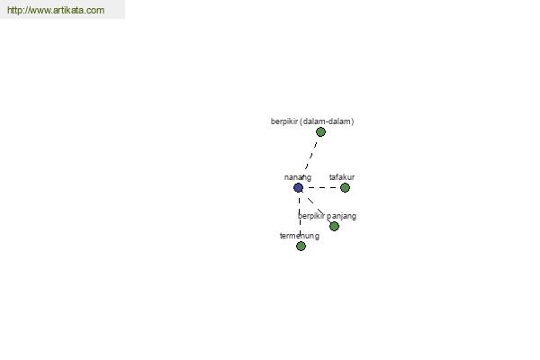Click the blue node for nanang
(x=298, y=188)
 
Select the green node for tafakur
(x=345, y=188)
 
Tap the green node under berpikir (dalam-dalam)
(x=320, y=132)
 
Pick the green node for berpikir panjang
(x=334, y=226)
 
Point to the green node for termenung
(x=301, y=246)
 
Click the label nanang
(x=298, y=177)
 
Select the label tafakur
(x=342, y=177)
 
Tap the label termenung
(x=300, y=236)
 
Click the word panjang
(x=341, y=216)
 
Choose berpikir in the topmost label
(x=284, y=121)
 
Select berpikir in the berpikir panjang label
(x=311, y=216)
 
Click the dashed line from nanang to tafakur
(x=321, y=188)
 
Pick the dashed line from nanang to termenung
(x=300, y=217)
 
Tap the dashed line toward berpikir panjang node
(x=316, y=207)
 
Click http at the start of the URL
(x=14, y=10)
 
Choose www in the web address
(x=39, y=10)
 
